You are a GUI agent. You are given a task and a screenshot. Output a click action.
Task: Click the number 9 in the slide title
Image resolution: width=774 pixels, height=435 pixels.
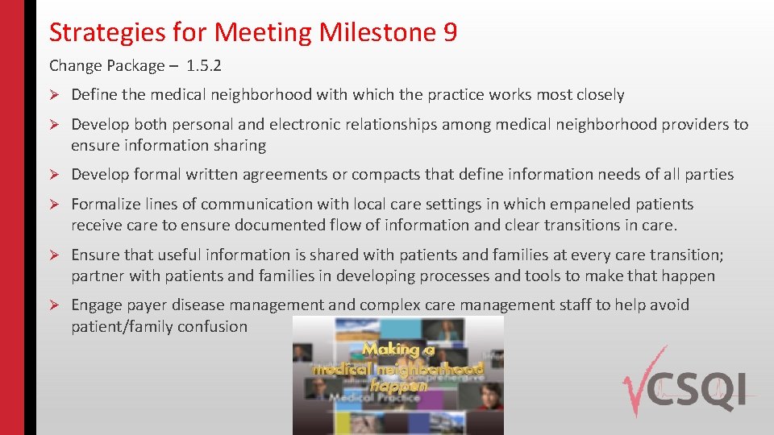point(449,32)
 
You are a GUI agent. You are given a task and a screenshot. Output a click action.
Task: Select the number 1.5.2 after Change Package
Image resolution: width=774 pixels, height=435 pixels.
point(203,65)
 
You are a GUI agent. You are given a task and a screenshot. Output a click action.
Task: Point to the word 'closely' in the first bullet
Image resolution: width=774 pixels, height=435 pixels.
point(600,95)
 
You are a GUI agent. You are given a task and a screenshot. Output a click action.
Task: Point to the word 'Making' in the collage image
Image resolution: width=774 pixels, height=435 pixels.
point(391,350)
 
